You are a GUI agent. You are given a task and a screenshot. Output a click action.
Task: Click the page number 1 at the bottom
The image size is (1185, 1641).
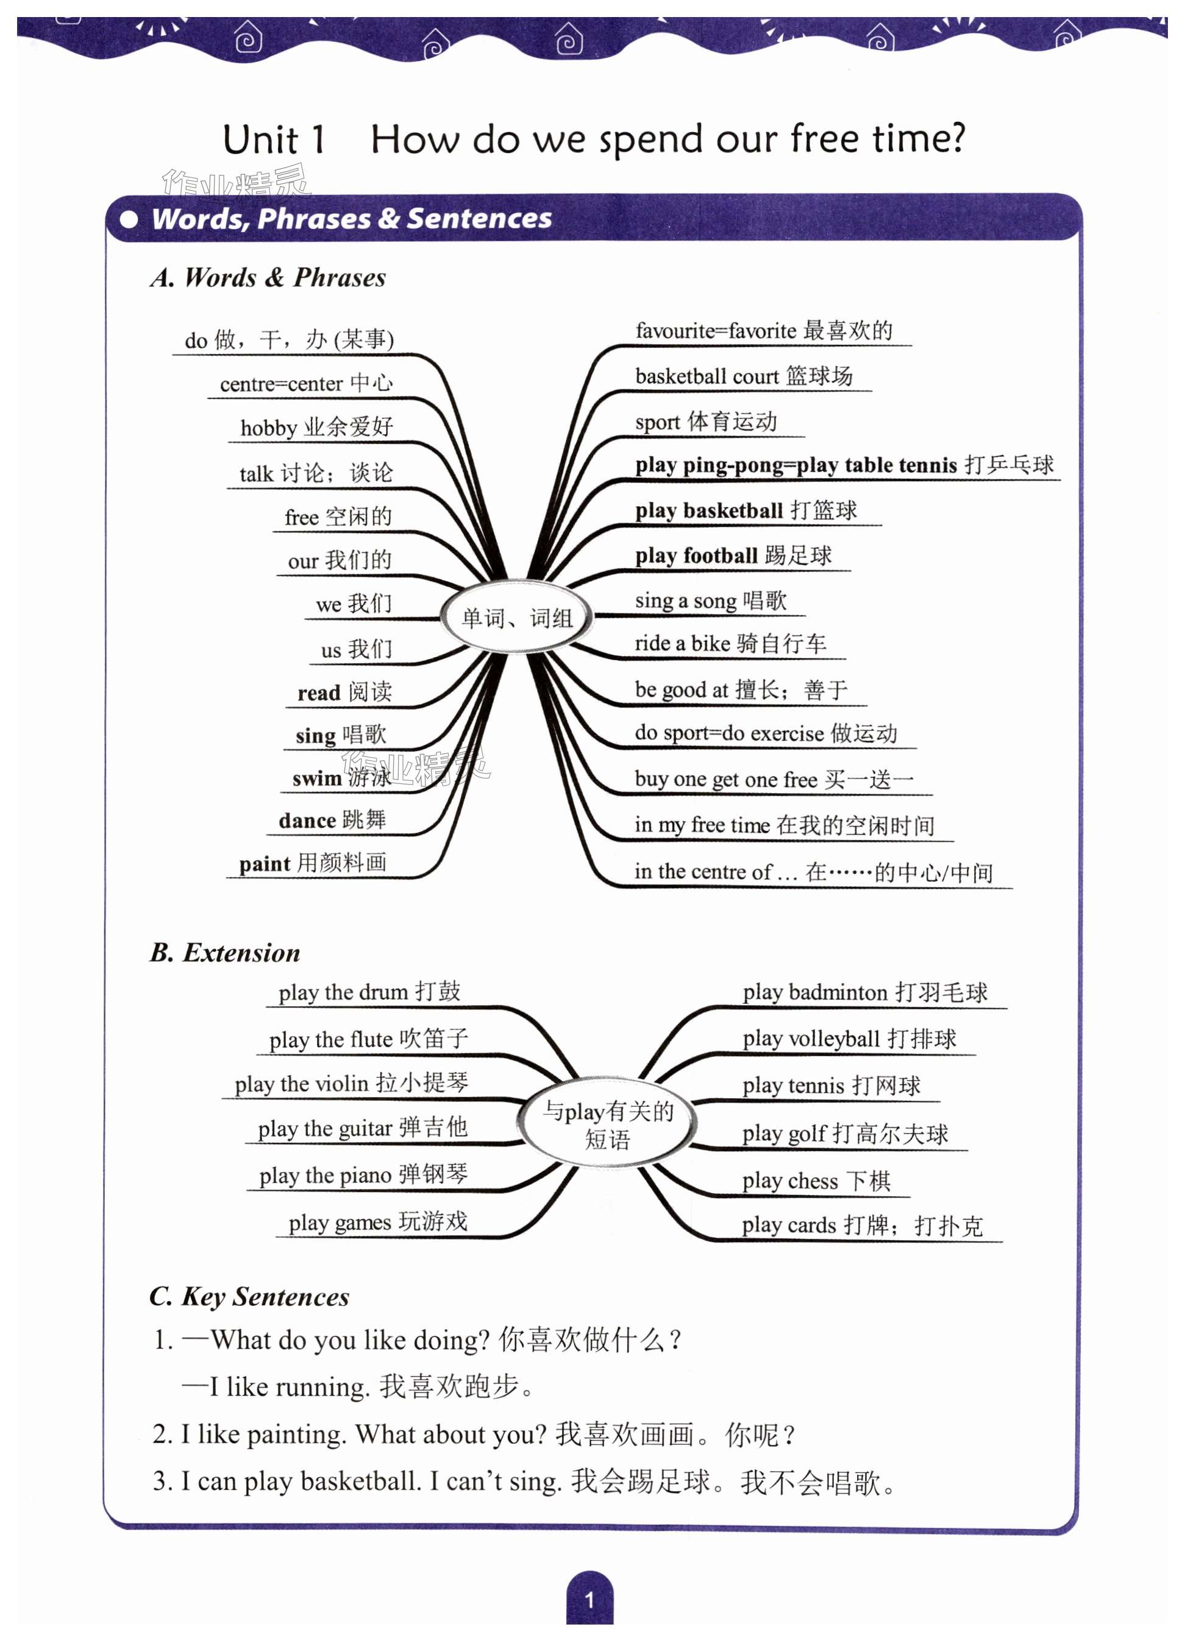coord(589,1599)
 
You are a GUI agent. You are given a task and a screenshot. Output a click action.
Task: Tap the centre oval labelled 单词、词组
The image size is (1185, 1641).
coord(517,617)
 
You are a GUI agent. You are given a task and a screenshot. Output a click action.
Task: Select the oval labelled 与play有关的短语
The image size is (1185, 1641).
coord(607,1124)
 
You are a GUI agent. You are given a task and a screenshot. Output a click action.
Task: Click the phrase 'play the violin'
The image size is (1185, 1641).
coord(302,1084)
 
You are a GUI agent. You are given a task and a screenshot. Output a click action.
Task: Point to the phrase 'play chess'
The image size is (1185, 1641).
coord(790,1181)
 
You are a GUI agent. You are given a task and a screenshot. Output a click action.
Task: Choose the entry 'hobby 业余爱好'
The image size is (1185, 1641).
coord(316,427)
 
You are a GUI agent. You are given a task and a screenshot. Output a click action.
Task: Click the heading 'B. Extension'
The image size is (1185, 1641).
coord(225,952)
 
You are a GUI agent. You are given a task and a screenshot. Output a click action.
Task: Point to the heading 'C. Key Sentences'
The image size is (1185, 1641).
coord(249,1296)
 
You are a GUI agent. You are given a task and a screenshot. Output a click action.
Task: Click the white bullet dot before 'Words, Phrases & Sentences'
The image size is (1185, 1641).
coord(129,219)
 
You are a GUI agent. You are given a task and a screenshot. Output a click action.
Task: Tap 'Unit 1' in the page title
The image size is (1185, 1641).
coord(274,139)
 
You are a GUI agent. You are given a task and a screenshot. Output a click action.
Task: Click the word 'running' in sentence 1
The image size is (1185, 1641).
coord(322,1386)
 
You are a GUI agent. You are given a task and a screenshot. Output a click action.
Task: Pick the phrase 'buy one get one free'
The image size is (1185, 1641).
coord(725,779)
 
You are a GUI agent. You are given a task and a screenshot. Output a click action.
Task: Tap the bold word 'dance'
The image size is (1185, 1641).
coord(307,820)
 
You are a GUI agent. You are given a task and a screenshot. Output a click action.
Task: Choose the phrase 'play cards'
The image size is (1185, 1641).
coord(789,1225)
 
